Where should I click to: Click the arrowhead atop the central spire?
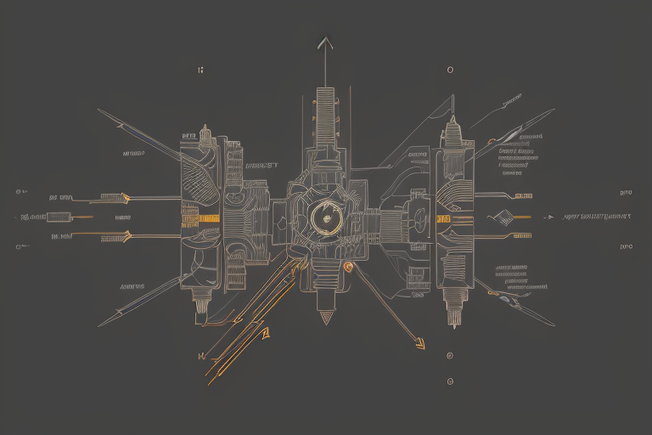point(325,42)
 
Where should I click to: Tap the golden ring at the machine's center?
point(325,218)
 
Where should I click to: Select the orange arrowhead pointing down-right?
point(418,343)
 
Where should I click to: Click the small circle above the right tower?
point(449,70)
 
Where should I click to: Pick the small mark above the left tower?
point(200,70)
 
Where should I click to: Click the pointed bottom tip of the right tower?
point(452,325)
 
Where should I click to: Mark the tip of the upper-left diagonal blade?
point(98,110)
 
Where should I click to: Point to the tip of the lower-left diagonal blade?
point(98,326)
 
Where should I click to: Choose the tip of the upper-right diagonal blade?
point(554,110)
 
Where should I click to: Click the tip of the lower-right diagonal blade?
point(554,325)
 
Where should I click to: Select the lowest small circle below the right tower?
point(449,381)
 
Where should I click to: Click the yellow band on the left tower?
point(200,217)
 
